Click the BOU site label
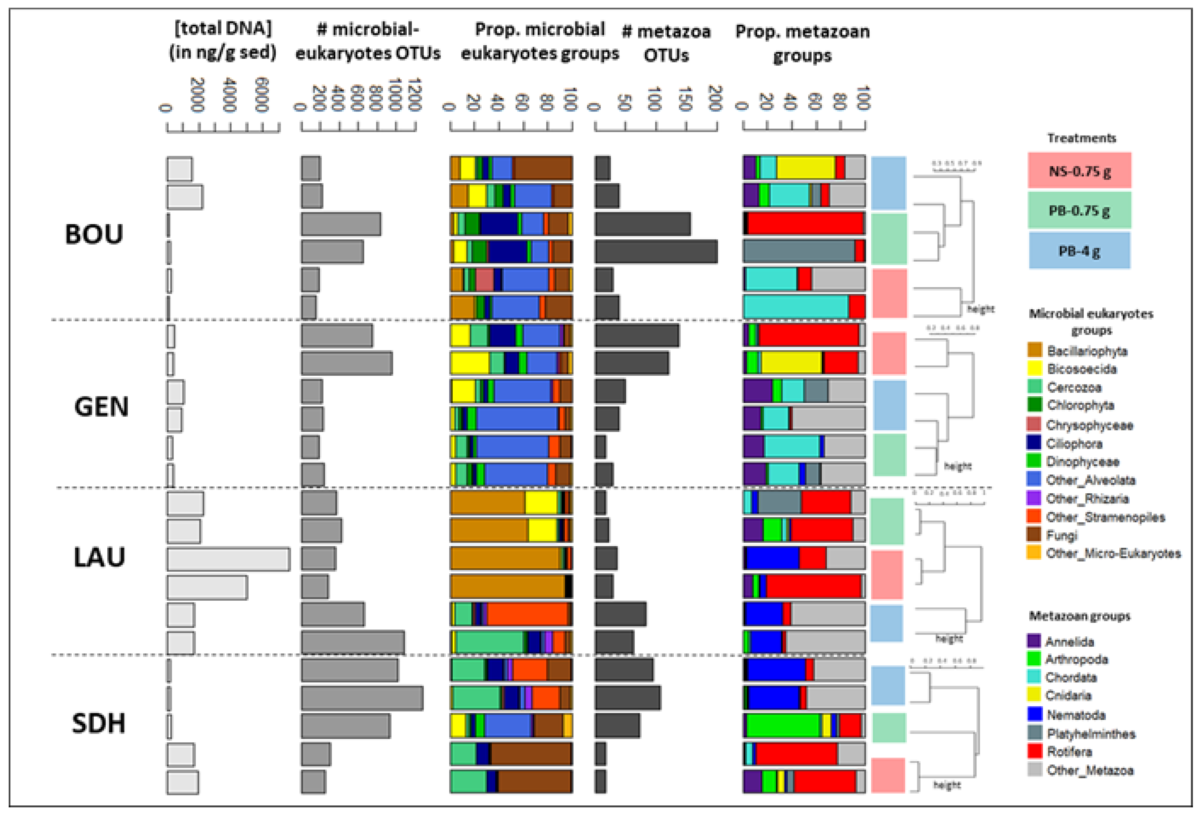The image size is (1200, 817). point(94,234)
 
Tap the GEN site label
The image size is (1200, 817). point(101,407)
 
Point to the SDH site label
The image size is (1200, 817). point(98,723)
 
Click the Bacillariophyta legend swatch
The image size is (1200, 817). point(1034,351)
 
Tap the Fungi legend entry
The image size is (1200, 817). point(1062,535)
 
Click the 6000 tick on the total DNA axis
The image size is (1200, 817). point(262,95)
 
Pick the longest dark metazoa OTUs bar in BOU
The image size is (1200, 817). point(656,252)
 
